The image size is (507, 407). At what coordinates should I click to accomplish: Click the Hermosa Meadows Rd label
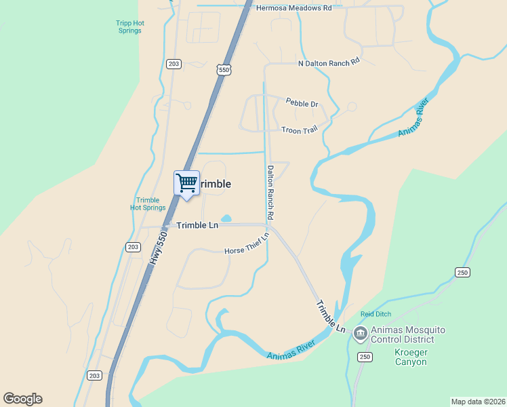(294, 7)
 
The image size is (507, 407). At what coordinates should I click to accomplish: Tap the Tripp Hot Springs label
(129, 26)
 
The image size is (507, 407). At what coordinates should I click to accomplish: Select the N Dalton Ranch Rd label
(328, 63)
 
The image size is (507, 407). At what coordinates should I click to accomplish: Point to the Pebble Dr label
(302, 103)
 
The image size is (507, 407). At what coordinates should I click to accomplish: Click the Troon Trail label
(299, 130)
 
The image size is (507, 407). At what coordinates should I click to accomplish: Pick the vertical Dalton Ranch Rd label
(270, 192)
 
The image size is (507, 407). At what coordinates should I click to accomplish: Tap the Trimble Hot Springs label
(148, 203)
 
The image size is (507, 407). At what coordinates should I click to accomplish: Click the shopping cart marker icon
(186, 182)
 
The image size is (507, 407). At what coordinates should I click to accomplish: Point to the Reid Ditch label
(376, 314)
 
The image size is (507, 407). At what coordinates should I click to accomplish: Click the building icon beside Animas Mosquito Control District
(360, 332)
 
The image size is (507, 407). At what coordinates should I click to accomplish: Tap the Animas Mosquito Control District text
(411, 334)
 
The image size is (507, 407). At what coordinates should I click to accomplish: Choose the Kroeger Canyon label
(411, 357)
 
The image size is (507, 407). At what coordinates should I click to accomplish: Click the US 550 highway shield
(224, 69)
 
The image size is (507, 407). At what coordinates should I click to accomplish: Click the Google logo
(22, 399)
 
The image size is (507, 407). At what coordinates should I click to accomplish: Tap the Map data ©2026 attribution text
(478, 401)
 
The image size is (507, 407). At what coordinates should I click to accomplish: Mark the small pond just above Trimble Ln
(226, 218)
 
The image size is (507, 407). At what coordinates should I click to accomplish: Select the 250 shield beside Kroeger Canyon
(365, 357)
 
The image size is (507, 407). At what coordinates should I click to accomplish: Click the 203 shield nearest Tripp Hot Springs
(174, 64)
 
